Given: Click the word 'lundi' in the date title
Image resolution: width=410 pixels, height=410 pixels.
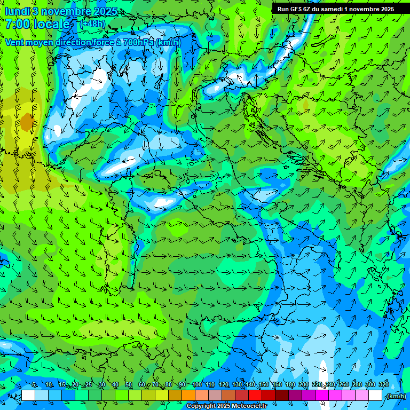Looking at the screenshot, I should pyautogui.click(x=17, y=11).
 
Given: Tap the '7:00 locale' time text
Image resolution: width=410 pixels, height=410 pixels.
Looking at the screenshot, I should pyautogui.click(x=37, y=24).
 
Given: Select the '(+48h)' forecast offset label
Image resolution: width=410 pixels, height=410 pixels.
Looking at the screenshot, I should pyautogui.click(x=92, y=23).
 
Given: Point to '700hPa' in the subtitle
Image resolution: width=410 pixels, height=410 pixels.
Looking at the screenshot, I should pyautogui.click(x=138, y=43).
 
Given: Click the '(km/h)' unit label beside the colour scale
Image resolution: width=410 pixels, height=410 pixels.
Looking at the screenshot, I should pyautogui.click(x=396, y=396).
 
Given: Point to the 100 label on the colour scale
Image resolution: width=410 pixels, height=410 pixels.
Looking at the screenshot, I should pyautogui.click(x=197, y=385).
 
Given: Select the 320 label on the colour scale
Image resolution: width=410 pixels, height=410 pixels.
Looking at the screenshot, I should pyautogui.click(x=383, y=385).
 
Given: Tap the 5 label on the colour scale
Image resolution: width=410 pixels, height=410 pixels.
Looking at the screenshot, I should pyautogui.click(x=34, y=385).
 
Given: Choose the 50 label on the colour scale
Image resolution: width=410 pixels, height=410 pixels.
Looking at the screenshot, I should pyautogui.click(x=129, y=385).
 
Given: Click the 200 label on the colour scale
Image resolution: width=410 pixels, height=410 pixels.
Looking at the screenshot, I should pyautogui.click(x=303, y=385).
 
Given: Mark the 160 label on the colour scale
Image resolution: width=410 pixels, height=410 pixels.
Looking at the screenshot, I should pyautogui.click(x=277, y=385).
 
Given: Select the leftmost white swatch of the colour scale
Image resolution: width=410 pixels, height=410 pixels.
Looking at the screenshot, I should pyautogui.click(x=28, y=396).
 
